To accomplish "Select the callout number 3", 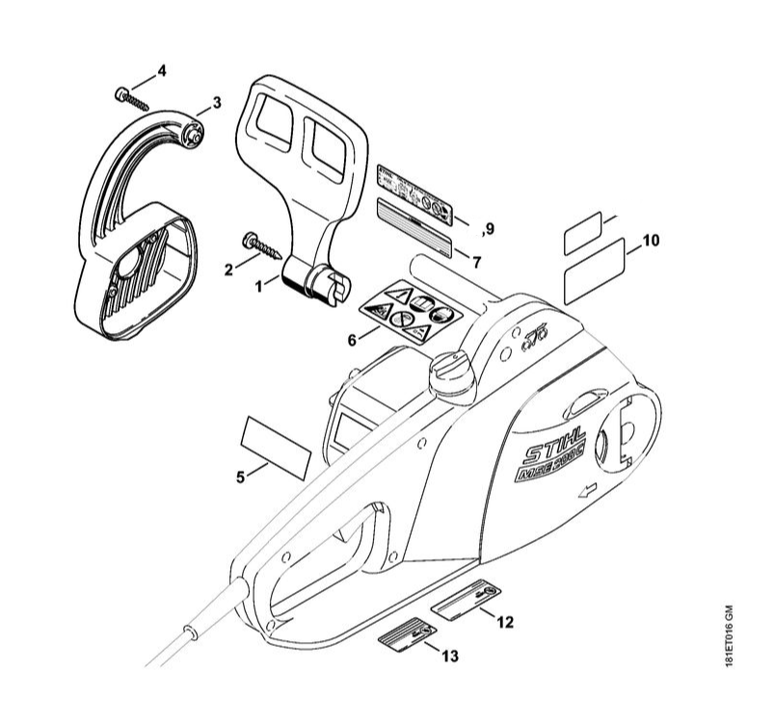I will pos(217,101).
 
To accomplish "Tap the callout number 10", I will pos(651,241).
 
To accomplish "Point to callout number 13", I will pos(449,657).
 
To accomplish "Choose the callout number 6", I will pos(352,339).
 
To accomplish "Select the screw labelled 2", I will pos(259,247).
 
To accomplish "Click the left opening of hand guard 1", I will pos(274,124).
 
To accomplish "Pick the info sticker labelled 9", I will pos(415,195).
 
